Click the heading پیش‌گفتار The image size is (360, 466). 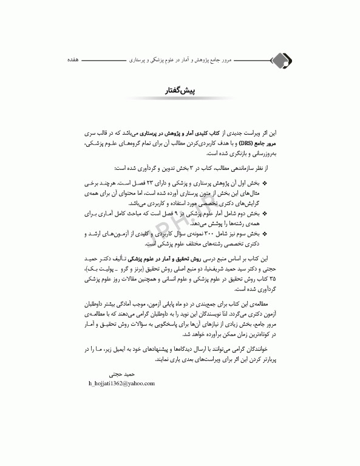click(x=180, y=91)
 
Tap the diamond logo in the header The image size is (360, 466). click(x=280, y=61)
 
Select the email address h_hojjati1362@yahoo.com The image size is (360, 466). click(x=121, y=383)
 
